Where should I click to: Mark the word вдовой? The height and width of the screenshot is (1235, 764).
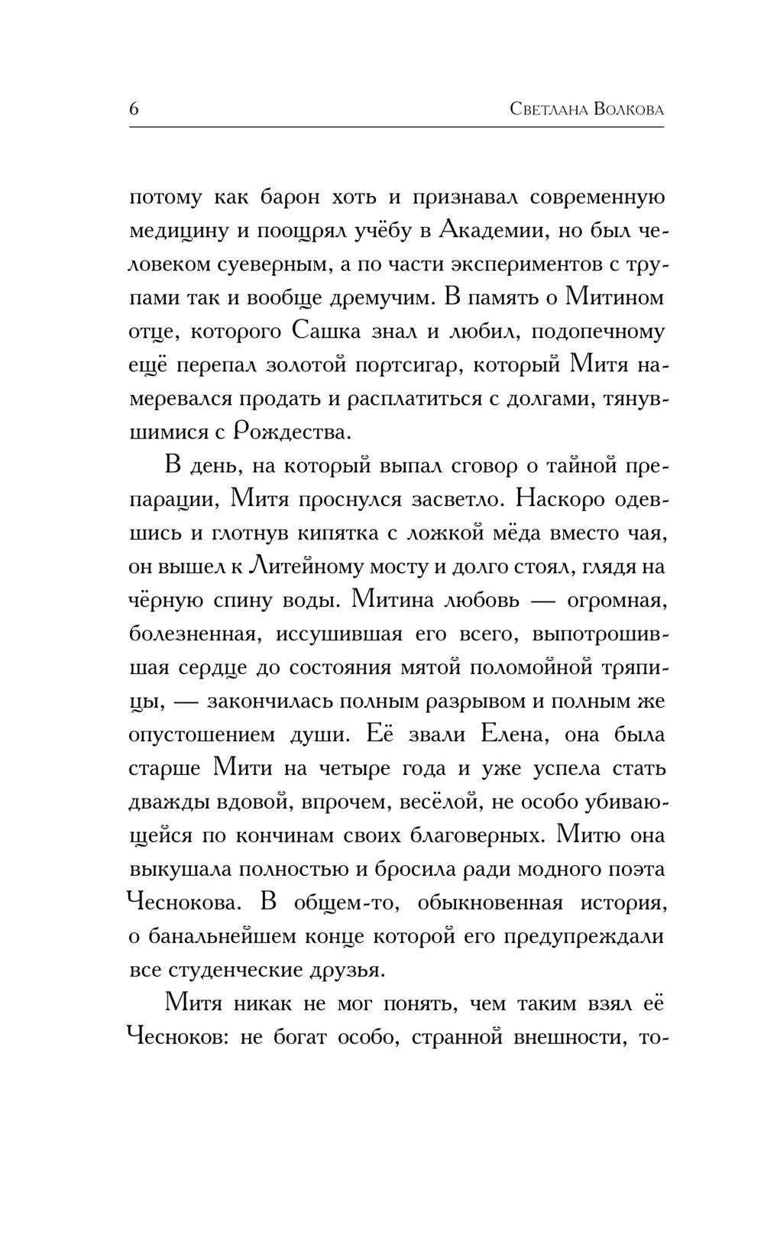coord(247,802)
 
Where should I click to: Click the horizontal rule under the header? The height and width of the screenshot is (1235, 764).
coord(397,126)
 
